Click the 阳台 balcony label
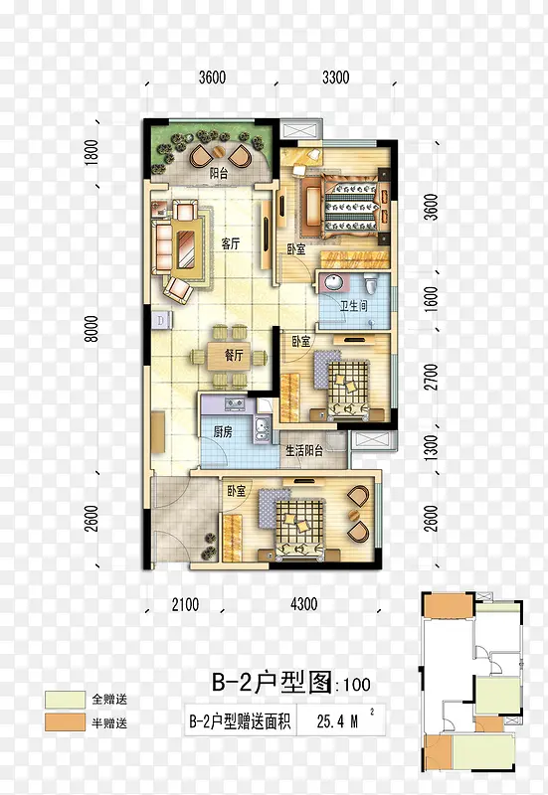tap(219, 173)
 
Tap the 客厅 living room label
tap(231, 243)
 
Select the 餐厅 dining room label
tap(234, 356)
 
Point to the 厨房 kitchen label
tap(222, 432)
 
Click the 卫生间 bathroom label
tap(354, 306)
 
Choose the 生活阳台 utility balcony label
tap(304, 450)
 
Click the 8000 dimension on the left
tap(91, 329)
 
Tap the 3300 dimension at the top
tap(336, 78)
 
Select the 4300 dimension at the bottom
tap(304, 603)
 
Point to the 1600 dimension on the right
tap(431, 299)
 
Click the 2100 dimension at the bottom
tap(185, 604)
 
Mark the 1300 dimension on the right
tap(431, 448)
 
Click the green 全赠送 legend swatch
tap(65, 700)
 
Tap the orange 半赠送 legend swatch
tap(65, 722)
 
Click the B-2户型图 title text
tap(272, 683)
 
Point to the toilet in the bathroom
tap(373, 283)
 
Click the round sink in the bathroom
tap(334, 282)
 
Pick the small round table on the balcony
tap(219, 153)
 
